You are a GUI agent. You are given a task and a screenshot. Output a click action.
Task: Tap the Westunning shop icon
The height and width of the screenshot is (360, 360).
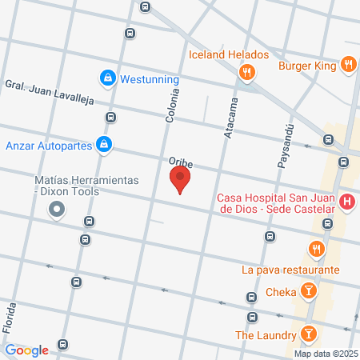[x=107, y=78]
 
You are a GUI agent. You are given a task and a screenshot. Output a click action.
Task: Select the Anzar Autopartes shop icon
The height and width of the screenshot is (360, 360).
[x=102, y=145]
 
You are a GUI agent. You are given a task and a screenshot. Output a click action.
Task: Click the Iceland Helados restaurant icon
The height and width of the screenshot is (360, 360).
[x=246, y=73]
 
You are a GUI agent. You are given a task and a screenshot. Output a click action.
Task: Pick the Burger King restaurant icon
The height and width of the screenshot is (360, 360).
[x=347, y=65]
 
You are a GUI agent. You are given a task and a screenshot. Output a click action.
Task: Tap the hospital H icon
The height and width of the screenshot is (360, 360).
[x=346, y=202]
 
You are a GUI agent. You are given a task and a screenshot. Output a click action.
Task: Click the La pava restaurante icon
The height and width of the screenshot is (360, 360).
[x=318, y=250]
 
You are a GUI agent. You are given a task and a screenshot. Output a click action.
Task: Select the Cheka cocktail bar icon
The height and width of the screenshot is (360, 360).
[x=306, y=292]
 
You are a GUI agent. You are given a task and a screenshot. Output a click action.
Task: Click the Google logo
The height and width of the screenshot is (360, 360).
[x=26, y=350]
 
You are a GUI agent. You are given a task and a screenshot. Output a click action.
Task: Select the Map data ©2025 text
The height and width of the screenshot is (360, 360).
[x=325, y=354]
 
